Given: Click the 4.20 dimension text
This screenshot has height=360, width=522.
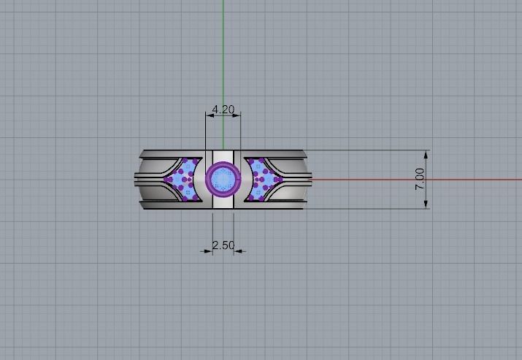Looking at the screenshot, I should pyautogui.click(x=223, y=110).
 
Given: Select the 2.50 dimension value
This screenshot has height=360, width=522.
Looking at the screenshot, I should pyautogui.click(x=223, y=245).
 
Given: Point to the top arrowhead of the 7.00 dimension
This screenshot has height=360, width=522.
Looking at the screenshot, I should pyautogui.click(x=426, y=154).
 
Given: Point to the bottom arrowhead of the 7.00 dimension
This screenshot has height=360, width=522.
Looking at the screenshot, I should pyautogui.click(x=426, y=205).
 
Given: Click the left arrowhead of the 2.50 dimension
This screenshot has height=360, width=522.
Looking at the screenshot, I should pyautogui.click(x=209, y=250).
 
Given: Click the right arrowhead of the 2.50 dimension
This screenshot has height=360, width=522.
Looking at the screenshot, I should pyautogui.click(x=237, y=250).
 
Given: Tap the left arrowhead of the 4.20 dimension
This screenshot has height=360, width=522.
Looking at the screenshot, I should pyautogui.click(x=208, y=115).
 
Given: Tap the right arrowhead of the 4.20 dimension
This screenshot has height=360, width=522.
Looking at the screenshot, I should pyautogui.click(x=238, y=115).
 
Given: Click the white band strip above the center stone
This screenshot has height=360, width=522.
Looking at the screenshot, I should pyautogui.click(x=223, y=156).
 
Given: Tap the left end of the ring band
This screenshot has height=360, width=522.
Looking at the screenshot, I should pyautogui.click(x=140, y=179).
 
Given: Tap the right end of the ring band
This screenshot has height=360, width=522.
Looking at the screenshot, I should pyautogui.click(x=307, y=179).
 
